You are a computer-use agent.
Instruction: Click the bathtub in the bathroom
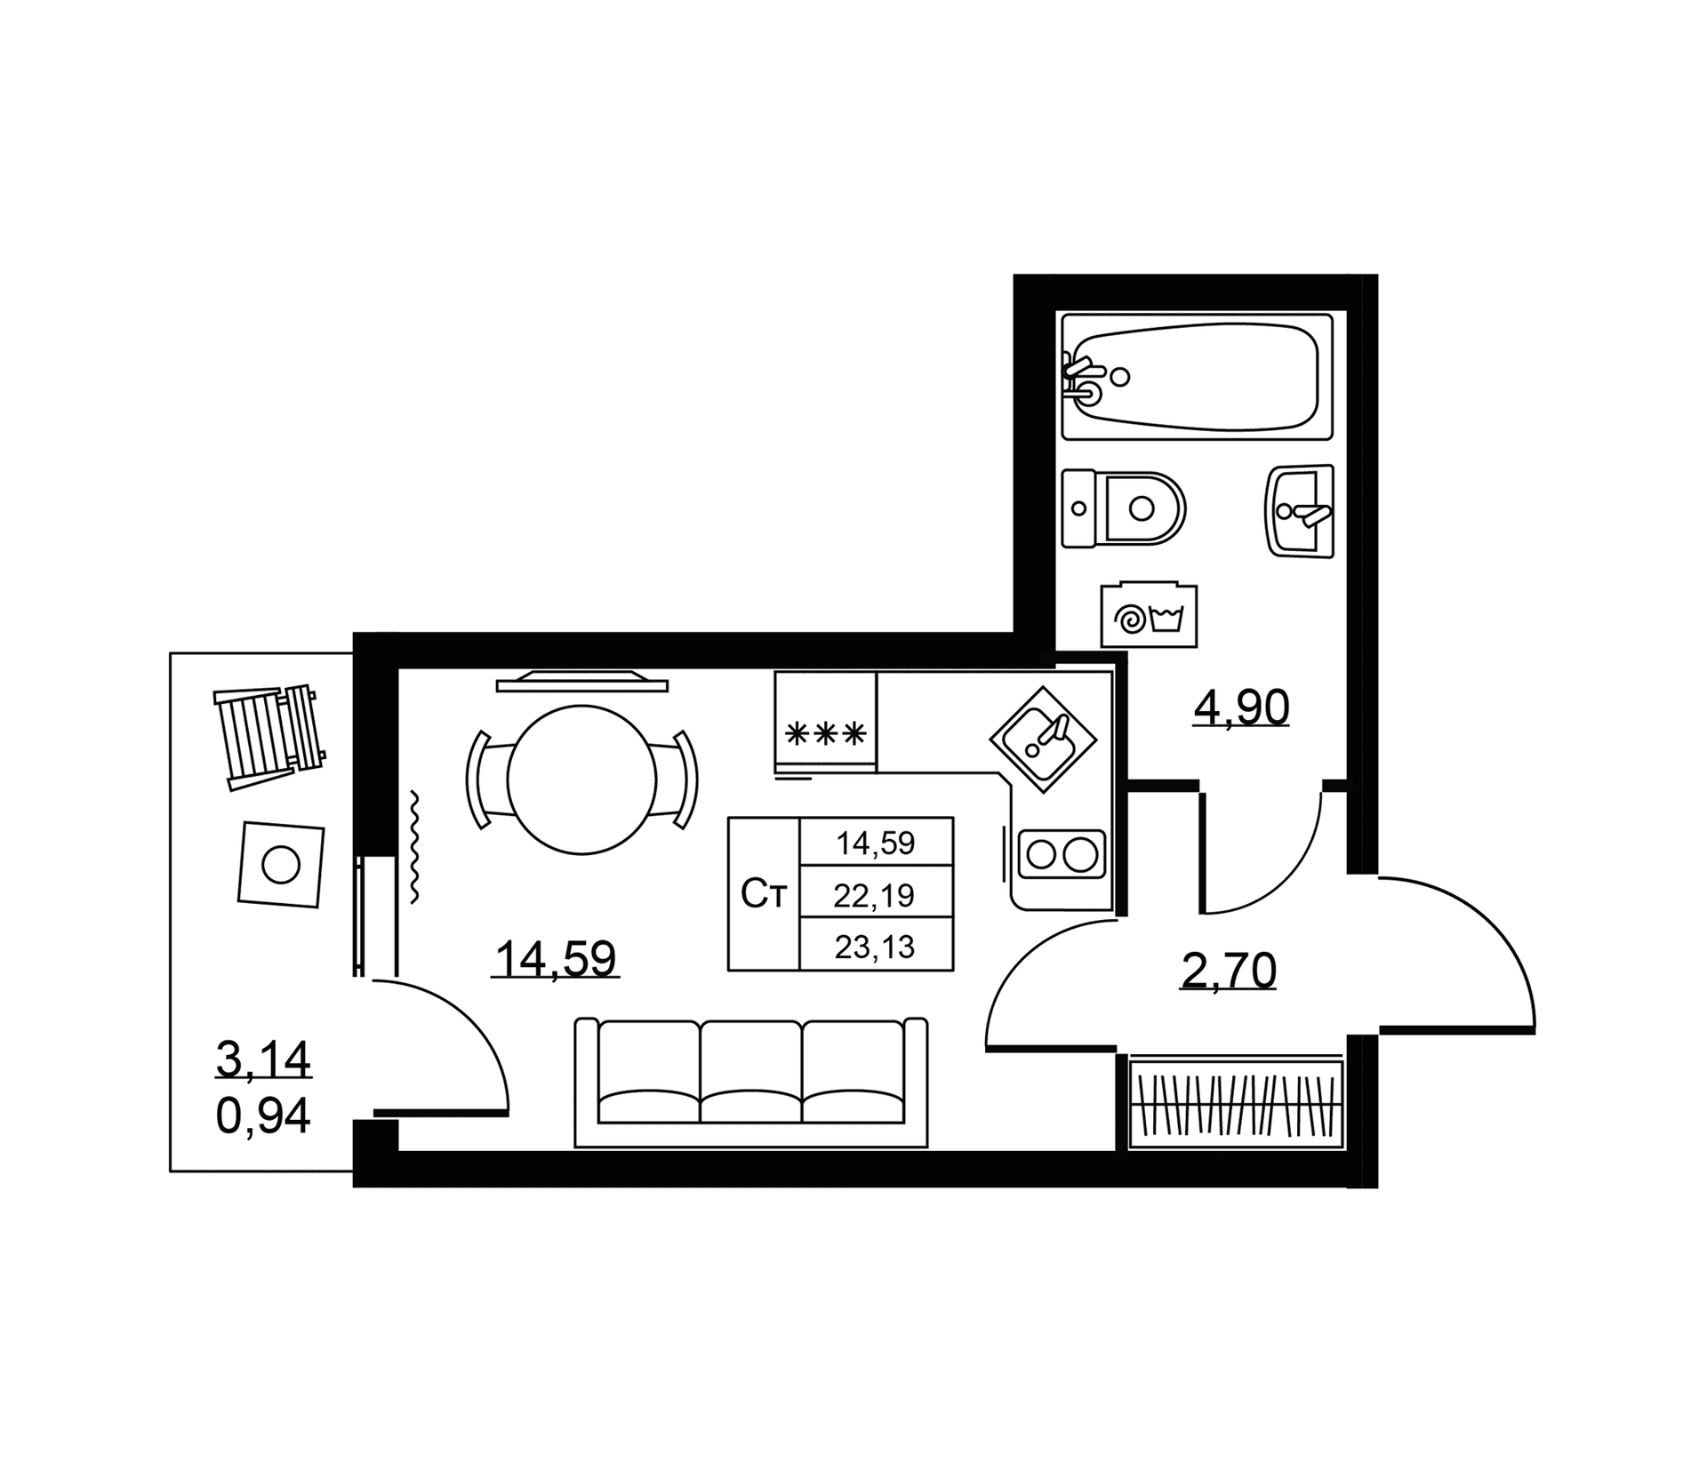[1197, 376]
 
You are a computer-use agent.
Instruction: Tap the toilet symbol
[1124, 508]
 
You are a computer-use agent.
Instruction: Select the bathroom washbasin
[1299, 511]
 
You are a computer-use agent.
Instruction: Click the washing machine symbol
[1149, 615]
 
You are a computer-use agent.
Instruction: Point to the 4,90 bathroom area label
[1241, 708]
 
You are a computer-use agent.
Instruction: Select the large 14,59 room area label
[556, 959]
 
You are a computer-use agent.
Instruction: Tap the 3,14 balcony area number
[263, 1059]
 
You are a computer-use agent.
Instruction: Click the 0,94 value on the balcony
[263, 1115]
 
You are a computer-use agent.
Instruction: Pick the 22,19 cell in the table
[876, 895]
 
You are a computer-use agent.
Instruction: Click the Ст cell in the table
[764, 894]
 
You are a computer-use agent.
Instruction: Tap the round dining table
[581, 779]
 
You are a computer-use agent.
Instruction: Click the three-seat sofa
[751, 1083]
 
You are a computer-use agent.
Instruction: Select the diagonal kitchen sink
[1044, 739]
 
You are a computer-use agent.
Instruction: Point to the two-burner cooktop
[1062, 855]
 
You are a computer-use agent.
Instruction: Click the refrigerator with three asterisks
[826, 722]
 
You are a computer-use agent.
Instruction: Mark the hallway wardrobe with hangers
[1236, 1101]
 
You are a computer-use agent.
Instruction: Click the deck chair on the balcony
[268, 737]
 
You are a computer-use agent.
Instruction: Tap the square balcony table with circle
[281, 864]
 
